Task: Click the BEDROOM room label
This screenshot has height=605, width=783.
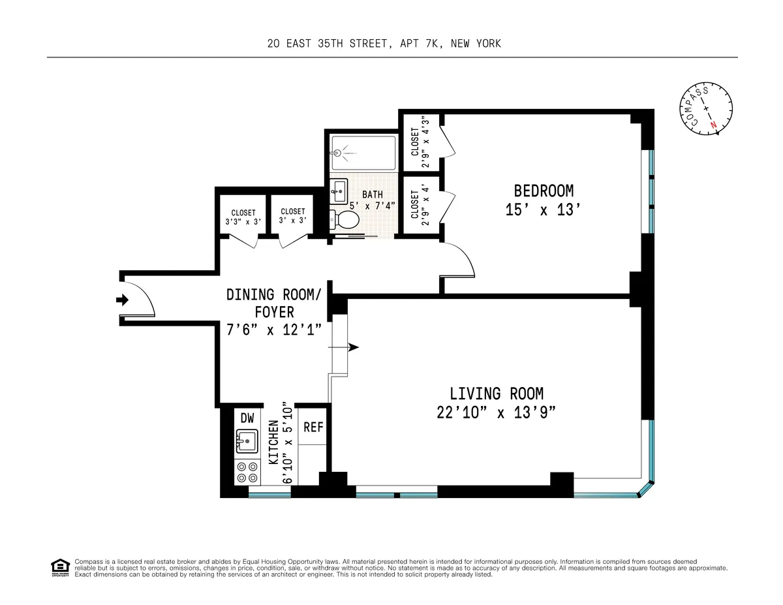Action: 544,191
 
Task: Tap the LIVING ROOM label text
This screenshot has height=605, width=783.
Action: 497,394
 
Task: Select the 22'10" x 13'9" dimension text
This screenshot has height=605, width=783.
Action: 497,413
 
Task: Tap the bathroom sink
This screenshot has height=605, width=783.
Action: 339,191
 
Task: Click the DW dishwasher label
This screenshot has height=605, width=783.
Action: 247,418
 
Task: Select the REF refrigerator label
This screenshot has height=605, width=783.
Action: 313,427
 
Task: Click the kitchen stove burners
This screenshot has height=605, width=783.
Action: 247,473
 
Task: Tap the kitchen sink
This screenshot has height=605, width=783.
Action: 247,442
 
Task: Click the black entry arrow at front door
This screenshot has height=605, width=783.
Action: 122,300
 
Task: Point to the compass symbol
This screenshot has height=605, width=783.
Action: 704,111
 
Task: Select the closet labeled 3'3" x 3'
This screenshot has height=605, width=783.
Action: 243,217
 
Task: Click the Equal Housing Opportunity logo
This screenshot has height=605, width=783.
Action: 59,567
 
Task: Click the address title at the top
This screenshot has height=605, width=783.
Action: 384,44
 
